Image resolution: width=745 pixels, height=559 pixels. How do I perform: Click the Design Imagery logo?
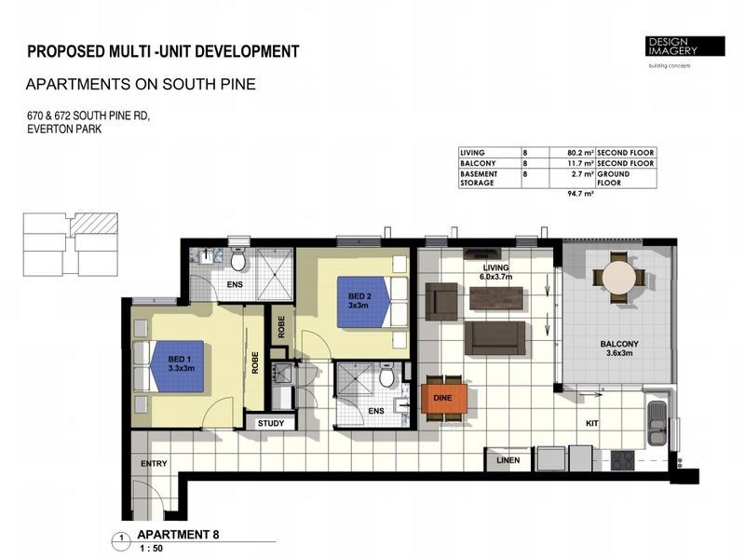click(x=686, y=47)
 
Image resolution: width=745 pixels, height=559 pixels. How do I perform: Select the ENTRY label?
click(x=154, y=464)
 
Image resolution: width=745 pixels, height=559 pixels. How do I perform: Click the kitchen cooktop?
click(x=620, y=459)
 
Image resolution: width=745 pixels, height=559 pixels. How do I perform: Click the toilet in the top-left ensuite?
click(x=237, y=259)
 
